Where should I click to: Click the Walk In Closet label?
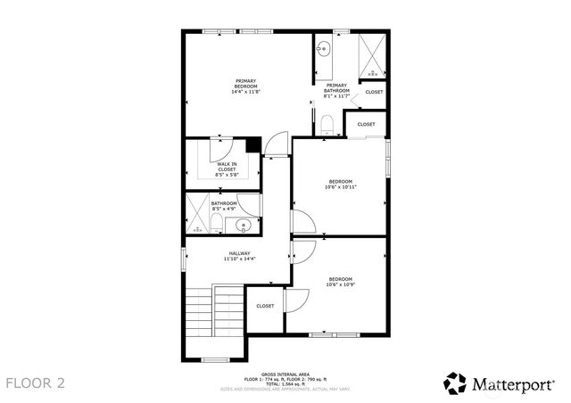(x=227, y=167)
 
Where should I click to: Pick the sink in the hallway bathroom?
(x=243, y=225)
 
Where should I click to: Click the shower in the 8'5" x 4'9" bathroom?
(x=194, y=214)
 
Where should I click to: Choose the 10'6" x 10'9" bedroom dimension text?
(x=339, y=285)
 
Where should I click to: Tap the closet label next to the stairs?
(x=265, y=306)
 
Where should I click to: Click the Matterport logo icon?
(x=455, y=383)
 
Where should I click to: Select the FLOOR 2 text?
(x=36, y=383)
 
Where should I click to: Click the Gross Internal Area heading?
(x=285, y=374)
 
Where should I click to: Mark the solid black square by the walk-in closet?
(x=253, y=144)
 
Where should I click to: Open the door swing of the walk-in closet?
(x=222, y=147)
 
